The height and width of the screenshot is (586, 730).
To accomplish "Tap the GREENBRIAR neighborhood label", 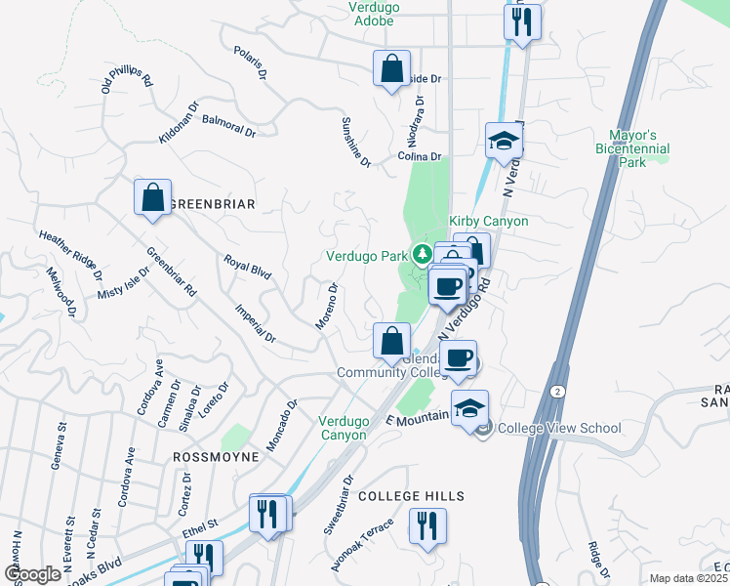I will [x=213, y=204].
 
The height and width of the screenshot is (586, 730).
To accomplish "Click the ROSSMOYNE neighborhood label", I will [x=218, y=456].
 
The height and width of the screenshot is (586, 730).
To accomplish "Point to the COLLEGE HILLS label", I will [x=411, y=496].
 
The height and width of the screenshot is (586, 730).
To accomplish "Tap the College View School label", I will [x=559, y=428].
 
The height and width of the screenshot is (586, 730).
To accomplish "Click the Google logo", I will [x=32, y=574].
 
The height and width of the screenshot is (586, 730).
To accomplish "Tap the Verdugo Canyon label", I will [x=344, y=428].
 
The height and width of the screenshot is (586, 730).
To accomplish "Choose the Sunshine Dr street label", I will [x=355, y=141].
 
